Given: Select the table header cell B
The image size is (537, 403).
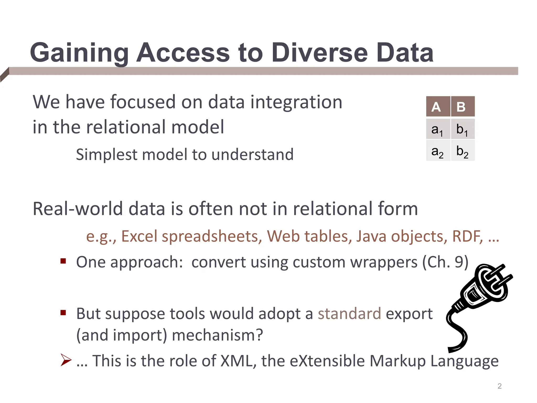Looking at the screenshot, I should point(462,107).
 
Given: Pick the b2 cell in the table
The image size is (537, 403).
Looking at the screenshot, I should point(462,151).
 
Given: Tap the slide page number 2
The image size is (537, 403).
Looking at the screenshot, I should point(500,386).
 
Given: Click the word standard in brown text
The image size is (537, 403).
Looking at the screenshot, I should point(349,314).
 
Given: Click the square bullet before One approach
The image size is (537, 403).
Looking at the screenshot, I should point(63,261).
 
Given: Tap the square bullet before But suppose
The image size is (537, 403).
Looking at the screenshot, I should point(63,312).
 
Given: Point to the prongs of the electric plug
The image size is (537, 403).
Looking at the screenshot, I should point(497,278).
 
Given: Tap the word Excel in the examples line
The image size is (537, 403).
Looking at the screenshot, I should point(139,236).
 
